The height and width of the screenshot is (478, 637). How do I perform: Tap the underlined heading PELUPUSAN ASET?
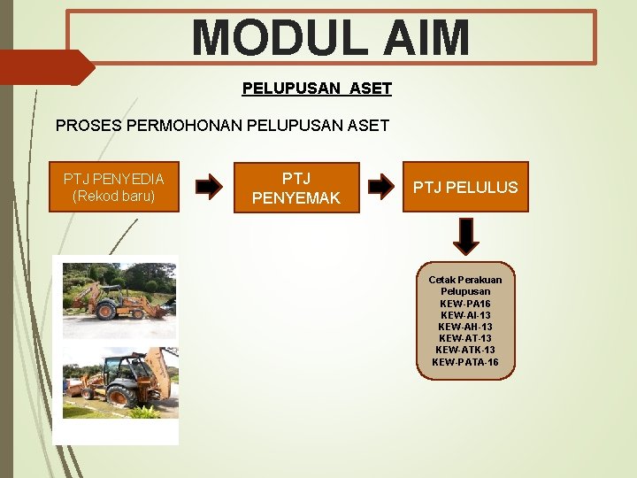point(317,89)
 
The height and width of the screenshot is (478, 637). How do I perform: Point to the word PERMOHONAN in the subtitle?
point(191,126)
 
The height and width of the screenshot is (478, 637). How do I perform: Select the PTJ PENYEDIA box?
point(113,187)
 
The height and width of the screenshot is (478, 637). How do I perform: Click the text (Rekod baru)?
point(113,196)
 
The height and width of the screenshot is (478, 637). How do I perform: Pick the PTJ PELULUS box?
point(465,187)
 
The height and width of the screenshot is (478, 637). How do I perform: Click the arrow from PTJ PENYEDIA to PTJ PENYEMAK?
point(209,187)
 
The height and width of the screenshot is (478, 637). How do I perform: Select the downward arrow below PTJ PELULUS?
point(466,235)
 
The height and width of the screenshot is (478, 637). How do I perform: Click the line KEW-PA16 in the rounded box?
point(465,304)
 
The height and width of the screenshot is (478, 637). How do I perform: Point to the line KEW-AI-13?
point(465,315)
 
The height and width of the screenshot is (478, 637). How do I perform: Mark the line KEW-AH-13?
point(465,327)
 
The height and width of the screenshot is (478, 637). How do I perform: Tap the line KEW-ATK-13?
point(465,350)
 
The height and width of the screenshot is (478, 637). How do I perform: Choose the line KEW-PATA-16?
point(465,362)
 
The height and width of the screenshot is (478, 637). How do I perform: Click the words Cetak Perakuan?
point(465,280)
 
